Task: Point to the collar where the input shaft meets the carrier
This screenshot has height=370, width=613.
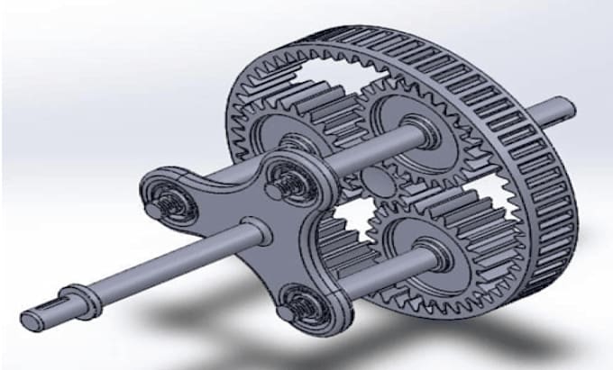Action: coord(254,232)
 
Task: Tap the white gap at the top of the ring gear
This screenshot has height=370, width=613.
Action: coord(334,68)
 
